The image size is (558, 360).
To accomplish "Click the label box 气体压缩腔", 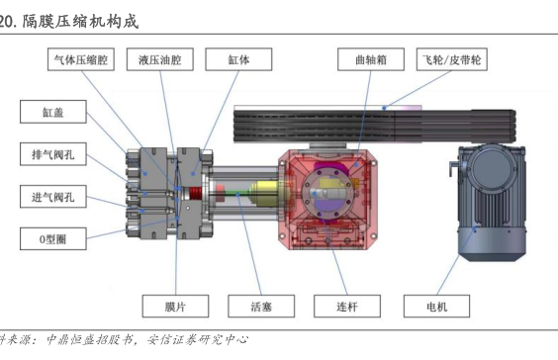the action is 81,59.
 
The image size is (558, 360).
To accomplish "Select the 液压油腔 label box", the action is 160,59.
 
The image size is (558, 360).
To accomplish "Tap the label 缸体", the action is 238,59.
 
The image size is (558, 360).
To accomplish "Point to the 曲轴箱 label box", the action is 371,59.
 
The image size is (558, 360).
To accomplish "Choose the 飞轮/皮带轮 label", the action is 452,59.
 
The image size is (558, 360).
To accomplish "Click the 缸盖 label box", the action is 53,112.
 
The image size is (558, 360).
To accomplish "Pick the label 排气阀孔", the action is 53,154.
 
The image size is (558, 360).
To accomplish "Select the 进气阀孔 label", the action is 53,197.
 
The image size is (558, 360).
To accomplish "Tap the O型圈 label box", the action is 53,238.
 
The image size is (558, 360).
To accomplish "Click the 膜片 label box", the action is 175,306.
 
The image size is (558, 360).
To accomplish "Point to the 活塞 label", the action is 261,306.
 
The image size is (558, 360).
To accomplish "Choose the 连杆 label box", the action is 347,306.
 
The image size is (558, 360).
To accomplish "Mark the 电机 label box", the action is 436,306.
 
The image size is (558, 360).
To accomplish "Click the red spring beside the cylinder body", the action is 194,195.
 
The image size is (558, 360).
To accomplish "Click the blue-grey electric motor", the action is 491,203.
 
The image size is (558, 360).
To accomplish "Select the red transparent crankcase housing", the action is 327,199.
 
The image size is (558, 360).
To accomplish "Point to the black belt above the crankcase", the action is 374,127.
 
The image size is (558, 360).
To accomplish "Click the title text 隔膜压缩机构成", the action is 80,22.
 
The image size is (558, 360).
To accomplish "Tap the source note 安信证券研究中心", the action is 198,340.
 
